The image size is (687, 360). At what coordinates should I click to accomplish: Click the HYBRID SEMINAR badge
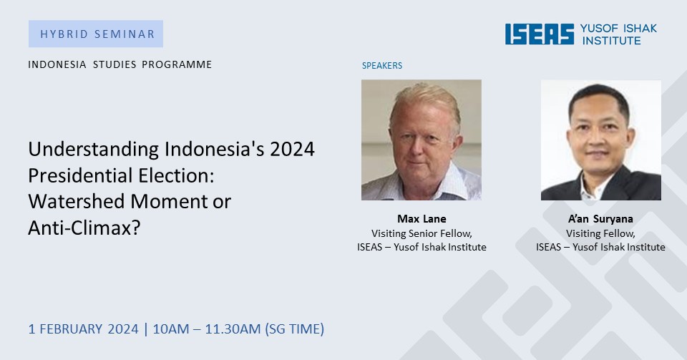click(96, 34)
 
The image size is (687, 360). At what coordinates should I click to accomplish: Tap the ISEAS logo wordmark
click(540, 34)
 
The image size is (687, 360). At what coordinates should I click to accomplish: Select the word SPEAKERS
click(382, 66)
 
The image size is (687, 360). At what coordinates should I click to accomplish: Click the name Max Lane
click(422, 218)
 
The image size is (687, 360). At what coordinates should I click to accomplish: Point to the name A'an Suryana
click(600, 218)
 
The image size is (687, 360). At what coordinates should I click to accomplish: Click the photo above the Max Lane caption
click(422, 140)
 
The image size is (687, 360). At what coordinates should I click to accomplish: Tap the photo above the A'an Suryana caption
click(600, 140)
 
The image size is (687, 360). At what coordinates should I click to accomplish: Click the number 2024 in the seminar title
click(292, 150)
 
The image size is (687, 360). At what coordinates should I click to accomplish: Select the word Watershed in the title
click(77, 201)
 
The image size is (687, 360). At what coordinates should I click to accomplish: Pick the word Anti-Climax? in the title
click(84, 228)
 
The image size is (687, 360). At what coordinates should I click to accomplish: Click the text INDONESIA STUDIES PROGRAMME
click(120, 64)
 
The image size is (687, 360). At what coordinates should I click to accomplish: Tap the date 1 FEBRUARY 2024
click(83, 329)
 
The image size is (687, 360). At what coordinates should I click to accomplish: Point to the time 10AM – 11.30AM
click(206, 329)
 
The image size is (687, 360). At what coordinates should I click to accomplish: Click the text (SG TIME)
click(294, 329)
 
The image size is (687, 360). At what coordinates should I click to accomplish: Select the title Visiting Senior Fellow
click(422, 233)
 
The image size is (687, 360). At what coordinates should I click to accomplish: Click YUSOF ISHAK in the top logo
click(618, 29)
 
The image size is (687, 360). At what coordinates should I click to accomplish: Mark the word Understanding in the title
click(94, 150)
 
